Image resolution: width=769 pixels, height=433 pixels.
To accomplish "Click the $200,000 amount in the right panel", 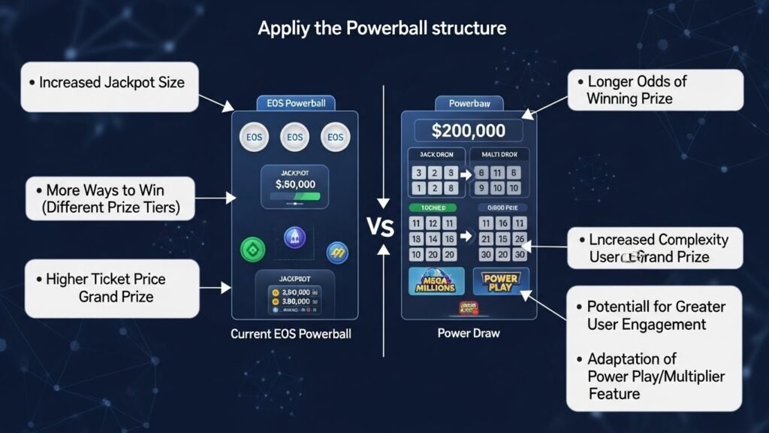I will (x=469, y=130).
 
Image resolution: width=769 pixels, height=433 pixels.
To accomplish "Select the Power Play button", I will (x=500, y=282).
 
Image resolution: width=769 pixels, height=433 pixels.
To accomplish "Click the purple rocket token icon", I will (x=294, y=239).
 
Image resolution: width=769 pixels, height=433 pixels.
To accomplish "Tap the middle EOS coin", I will (x=294, y=138).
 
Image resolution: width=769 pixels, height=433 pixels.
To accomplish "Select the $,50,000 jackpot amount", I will (x=295, y=183).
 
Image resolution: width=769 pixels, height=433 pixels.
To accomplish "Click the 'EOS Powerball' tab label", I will (x=295, y=103).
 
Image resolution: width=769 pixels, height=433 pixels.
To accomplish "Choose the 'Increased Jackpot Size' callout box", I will (x=110, y=83).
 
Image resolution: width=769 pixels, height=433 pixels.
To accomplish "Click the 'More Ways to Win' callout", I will (x=110, y=198).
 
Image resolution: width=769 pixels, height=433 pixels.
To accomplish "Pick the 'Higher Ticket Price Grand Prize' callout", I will (x=110, y=288).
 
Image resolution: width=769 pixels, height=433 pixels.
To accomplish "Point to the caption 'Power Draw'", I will (x=468, y=333).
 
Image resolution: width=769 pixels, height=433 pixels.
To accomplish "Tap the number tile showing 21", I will (x=484, y=238).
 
